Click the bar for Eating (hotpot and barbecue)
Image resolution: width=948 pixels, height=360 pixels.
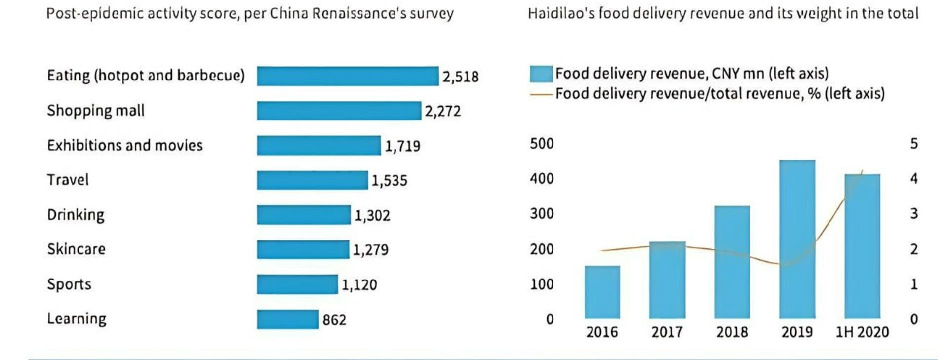(348, 76)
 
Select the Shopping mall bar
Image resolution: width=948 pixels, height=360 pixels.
(339, 111)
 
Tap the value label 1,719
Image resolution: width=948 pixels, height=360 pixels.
(402, 146)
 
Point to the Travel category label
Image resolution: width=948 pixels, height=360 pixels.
(68, 180)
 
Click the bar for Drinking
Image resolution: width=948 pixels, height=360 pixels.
(304, 215)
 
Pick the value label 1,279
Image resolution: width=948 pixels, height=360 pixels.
(370, 250)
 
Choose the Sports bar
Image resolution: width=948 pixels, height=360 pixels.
(297, 284)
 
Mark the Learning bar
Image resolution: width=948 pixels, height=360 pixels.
(288, 319)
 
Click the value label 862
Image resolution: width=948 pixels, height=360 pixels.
(334, 320)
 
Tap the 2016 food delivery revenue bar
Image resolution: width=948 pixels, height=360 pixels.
(602, 292)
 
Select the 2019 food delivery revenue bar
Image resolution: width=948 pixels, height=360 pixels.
(797, 239)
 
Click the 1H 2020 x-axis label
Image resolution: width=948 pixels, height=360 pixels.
(862, 332)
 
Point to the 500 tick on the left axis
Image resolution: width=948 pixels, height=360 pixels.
(542, 144)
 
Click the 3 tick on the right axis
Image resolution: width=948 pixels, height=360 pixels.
(914, 214)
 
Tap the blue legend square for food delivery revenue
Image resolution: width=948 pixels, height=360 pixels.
(541, 74)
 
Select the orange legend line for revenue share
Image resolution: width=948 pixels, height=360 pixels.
(541, 94)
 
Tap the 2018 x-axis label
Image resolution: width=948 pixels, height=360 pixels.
(732, 332)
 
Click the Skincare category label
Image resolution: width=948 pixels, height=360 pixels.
(76, 249)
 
